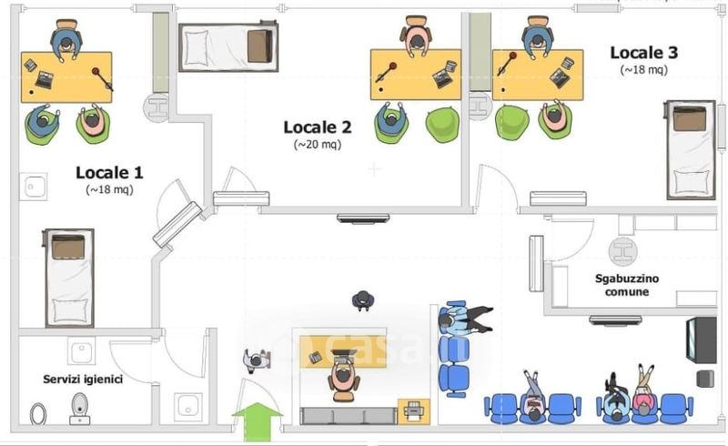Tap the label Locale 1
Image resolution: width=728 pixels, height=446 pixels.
[x=109, y=172]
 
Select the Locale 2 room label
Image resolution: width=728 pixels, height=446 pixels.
[x=317, y=127]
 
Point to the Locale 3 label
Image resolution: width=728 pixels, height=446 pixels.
[x=643, y=53]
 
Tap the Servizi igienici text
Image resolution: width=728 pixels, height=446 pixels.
[x=83, y=379]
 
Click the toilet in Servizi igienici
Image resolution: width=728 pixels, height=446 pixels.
[x=80, y=410]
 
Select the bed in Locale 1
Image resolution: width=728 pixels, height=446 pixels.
[x=69, y=277]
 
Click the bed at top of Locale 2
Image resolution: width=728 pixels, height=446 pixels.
[x=227, y=46]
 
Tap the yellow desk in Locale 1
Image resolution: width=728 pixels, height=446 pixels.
[x=66, y=76]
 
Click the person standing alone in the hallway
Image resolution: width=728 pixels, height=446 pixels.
[x=363, y=299]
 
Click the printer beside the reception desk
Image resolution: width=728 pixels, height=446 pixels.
[x=412, y=411]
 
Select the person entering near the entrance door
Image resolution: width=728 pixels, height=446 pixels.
[x=255, y=360]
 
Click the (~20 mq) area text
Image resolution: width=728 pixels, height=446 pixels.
[x=317, y=144]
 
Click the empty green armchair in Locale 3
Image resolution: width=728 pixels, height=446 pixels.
[x=512, y=121]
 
